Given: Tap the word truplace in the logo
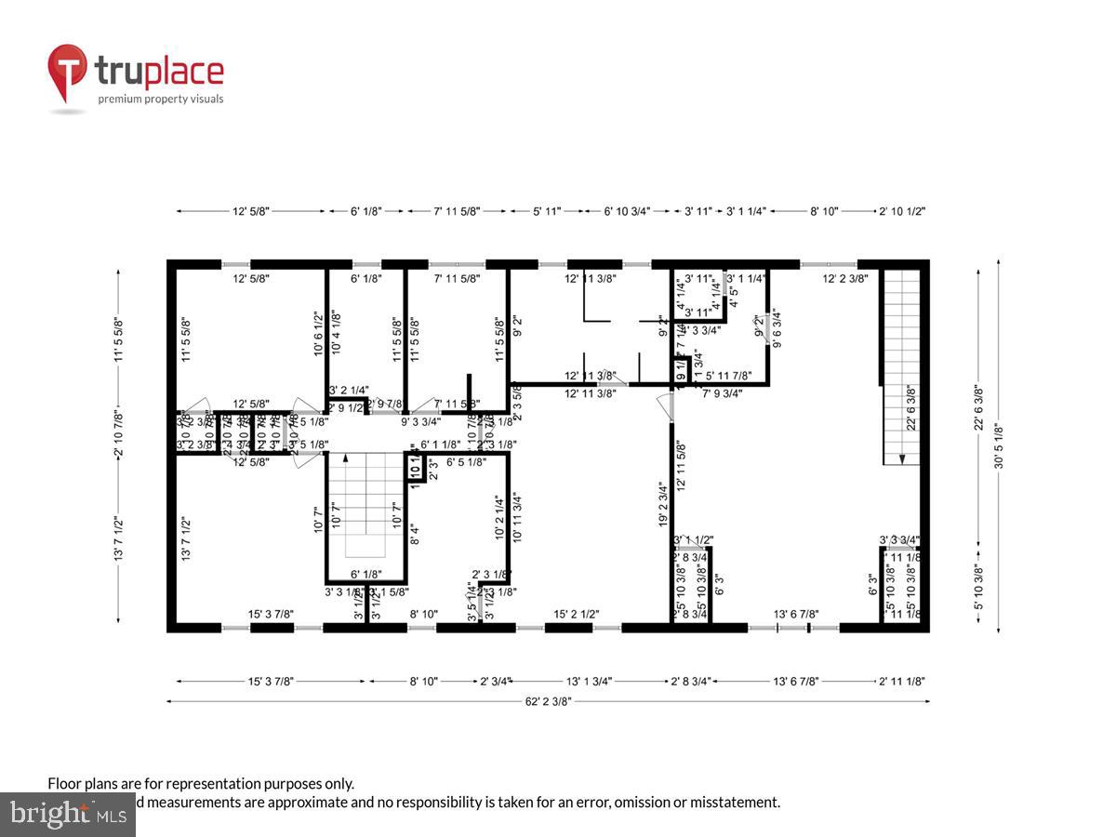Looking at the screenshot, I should click(159, 72).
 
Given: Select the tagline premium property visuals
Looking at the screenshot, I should click(161, 99).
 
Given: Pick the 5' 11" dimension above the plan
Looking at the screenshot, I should click(546, 212).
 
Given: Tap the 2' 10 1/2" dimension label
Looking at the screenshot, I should click(902, 212).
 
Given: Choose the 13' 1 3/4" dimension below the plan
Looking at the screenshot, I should click(590, 681).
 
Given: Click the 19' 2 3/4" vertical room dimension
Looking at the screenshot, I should click(662, 505).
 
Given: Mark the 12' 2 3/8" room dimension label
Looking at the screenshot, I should click(844, 278).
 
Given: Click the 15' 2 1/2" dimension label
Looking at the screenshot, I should click(576, 614).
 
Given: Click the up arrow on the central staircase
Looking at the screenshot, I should click(346, 458).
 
